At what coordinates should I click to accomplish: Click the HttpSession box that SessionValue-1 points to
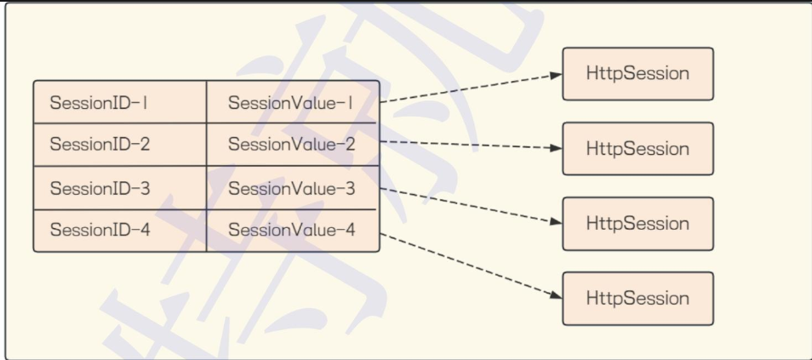click(x=638, y=74)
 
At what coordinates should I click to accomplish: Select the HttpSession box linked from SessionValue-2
click(x=638, y=149)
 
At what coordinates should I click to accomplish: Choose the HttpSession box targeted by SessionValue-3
click(x=638, y=224)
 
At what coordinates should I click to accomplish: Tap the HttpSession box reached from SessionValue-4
click(x=638, y=299)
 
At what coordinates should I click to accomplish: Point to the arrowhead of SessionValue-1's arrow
click(x=557, y=75)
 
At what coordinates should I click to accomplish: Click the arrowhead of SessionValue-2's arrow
click(x=557, y=148)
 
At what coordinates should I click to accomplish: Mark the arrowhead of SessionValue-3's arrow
click(x=557, y=222)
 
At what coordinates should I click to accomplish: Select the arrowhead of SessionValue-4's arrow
click(x=557, y=296)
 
